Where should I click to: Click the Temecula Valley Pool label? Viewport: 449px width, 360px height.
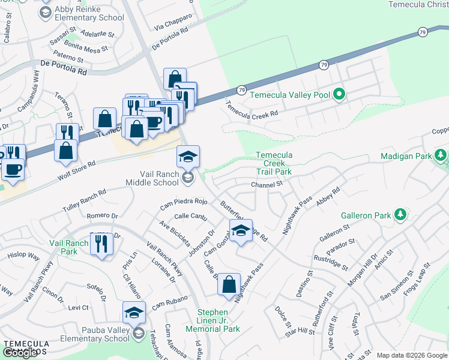tap(291, 95)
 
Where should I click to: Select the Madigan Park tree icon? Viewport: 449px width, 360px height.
tap(441, 156)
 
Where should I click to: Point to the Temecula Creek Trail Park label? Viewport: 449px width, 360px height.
tap(274, 163)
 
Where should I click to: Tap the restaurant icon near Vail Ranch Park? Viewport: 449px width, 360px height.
tap(101, 244)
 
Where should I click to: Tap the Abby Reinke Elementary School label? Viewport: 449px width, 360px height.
tap(89, 14)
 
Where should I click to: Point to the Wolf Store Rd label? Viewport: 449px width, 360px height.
tap(76, 171)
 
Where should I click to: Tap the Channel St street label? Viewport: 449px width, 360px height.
tap(267, 185)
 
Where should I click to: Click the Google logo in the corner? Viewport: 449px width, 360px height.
tap(20, 352)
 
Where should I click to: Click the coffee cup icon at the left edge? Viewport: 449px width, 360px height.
tap(12, 169)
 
